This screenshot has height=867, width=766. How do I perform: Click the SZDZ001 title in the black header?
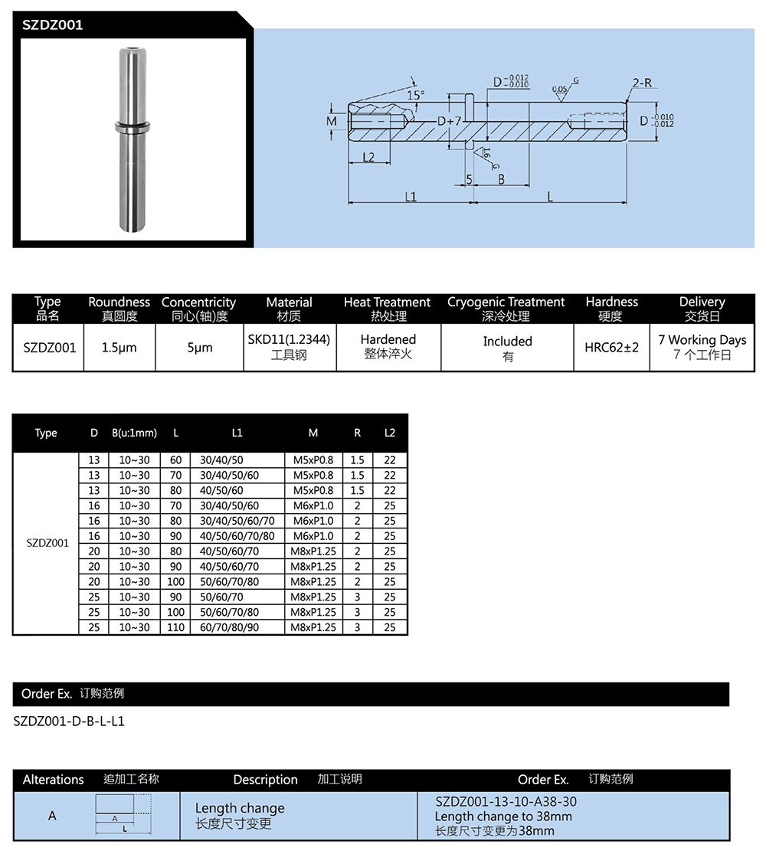pyautogui.click(x=53, y=25)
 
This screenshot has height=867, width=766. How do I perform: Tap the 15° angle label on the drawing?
pyautogui.click(x=415, y=96)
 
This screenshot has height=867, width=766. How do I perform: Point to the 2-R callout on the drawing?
pyautogui.click(x=642, y=83)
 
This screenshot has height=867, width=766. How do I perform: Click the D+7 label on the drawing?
pyautogui.click(x=449, y=122)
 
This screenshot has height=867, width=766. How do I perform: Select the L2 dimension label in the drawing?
pyautogui.click(x=368, y=157)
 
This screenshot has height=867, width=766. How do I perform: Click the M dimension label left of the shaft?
pyautogui.click(x=332, y=122)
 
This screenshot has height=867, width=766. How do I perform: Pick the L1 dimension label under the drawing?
pyautogui.click(x=411, y=197)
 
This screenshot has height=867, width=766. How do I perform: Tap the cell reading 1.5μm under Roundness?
pyautogui.click(x=119, y=348)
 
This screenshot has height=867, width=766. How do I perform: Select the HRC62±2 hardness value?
pyautogui.click(x=611, y=348)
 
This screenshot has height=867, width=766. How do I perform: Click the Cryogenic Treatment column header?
pyautogui.click(x=506, y=303)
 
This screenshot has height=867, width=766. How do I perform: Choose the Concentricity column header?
pyautogui.click(x=198, y=303)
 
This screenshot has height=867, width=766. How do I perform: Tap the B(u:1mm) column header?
pyautogui.click(x=134, y=433)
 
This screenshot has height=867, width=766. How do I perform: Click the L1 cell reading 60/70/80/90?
pyautogui.click(x=230, y=627)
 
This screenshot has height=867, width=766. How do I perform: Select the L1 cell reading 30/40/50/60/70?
pyautogui.click(x=235, y=521)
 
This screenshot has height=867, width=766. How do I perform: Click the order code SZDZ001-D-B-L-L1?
pyautogui.click(x=69, y=721)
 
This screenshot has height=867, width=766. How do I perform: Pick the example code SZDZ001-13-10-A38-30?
pyautogui.click(x=506, y=802)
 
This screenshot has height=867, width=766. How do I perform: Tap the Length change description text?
pyautogui.click(x=240, y=808)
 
